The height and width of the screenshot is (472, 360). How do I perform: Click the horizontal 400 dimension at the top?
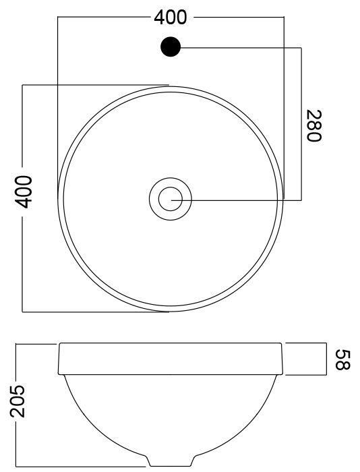coord(171,18)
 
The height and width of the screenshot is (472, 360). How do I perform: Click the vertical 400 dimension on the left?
coord(24,192)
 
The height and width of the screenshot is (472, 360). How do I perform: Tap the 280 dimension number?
coord(314,125)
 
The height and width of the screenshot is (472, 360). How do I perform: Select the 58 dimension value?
coord(343,359)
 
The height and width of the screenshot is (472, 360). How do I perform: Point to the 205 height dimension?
coord(18,401)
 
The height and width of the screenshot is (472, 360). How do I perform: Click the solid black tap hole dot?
coord(171,47)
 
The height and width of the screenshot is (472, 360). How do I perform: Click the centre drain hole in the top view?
coord(171,199)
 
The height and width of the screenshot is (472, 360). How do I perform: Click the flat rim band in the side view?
coord(171,359)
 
